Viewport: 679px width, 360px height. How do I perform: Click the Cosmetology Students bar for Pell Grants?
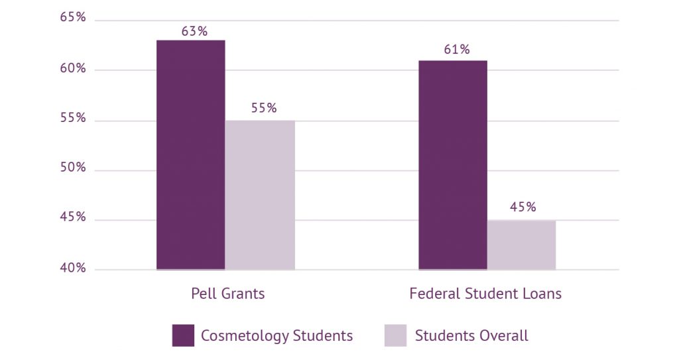click(x=190, y=155)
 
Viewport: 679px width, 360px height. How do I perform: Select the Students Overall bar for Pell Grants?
click(x=260, y=195)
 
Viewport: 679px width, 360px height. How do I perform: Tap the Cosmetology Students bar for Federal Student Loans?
click(x=452, y=165)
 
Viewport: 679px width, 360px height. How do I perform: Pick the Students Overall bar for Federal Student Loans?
click(x=521, y=245)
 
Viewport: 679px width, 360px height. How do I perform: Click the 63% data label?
click(x=194, y=31)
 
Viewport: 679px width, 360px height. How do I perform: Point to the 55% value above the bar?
click(x=264, y=108)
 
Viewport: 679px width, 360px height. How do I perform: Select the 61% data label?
click(x=457, y=49)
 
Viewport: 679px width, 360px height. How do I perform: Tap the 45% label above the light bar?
click(x=523, y=207)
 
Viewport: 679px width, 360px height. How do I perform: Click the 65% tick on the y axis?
click(x=73, y=17)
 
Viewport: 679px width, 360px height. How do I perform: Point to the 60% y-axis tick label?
click(x=73, y=68)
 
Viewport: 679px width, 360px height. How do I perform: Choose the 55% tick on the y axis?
click(x=73, y=118)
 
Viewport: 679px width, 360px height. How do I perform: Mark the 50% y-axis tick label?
click(x=73, y=167)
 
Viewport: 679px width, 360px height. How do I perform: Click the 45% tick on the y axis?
click(x=73, y=217)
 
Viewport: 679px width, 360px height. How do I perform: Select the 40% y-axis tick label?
click(x=73, y=268)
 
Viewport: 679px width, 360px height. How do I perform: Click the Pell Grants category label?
click(x=228, y=294)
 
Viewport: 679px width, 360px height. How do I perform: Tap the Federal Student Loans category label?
click(x=485, y=294)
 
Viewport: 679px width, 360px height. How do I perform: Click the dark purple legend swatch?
click(x=183, y=335)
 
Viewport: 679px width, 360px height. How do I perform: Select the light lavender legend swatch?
click(x=395, y=335)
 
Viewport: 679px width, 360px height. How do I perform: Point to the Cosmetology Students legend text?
click(x=277, y=335)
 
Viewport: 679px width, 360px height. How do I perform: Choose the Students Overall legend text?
click(x=471, y=335)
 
